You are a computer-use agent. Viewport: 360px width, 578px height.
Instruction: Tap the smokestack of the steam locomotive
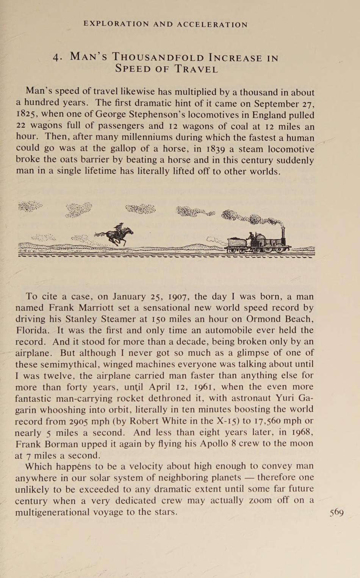[x=283, y=236]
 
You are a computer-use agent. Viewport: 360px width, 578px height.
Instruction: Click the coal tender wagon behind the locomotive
[x=236, y=243]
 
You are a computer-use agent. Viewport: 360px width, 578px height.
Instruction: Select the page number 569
[x=337, y=512]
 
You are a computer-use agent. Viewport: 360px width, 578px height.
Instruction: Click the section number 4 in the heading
[x=57, y=58]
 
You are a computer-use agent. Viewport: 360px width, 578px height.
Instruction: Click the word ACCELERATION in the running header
[x=212, y=25]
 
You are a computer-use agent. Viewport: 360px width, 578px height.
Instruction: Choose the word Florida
[x=32, y=330]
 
